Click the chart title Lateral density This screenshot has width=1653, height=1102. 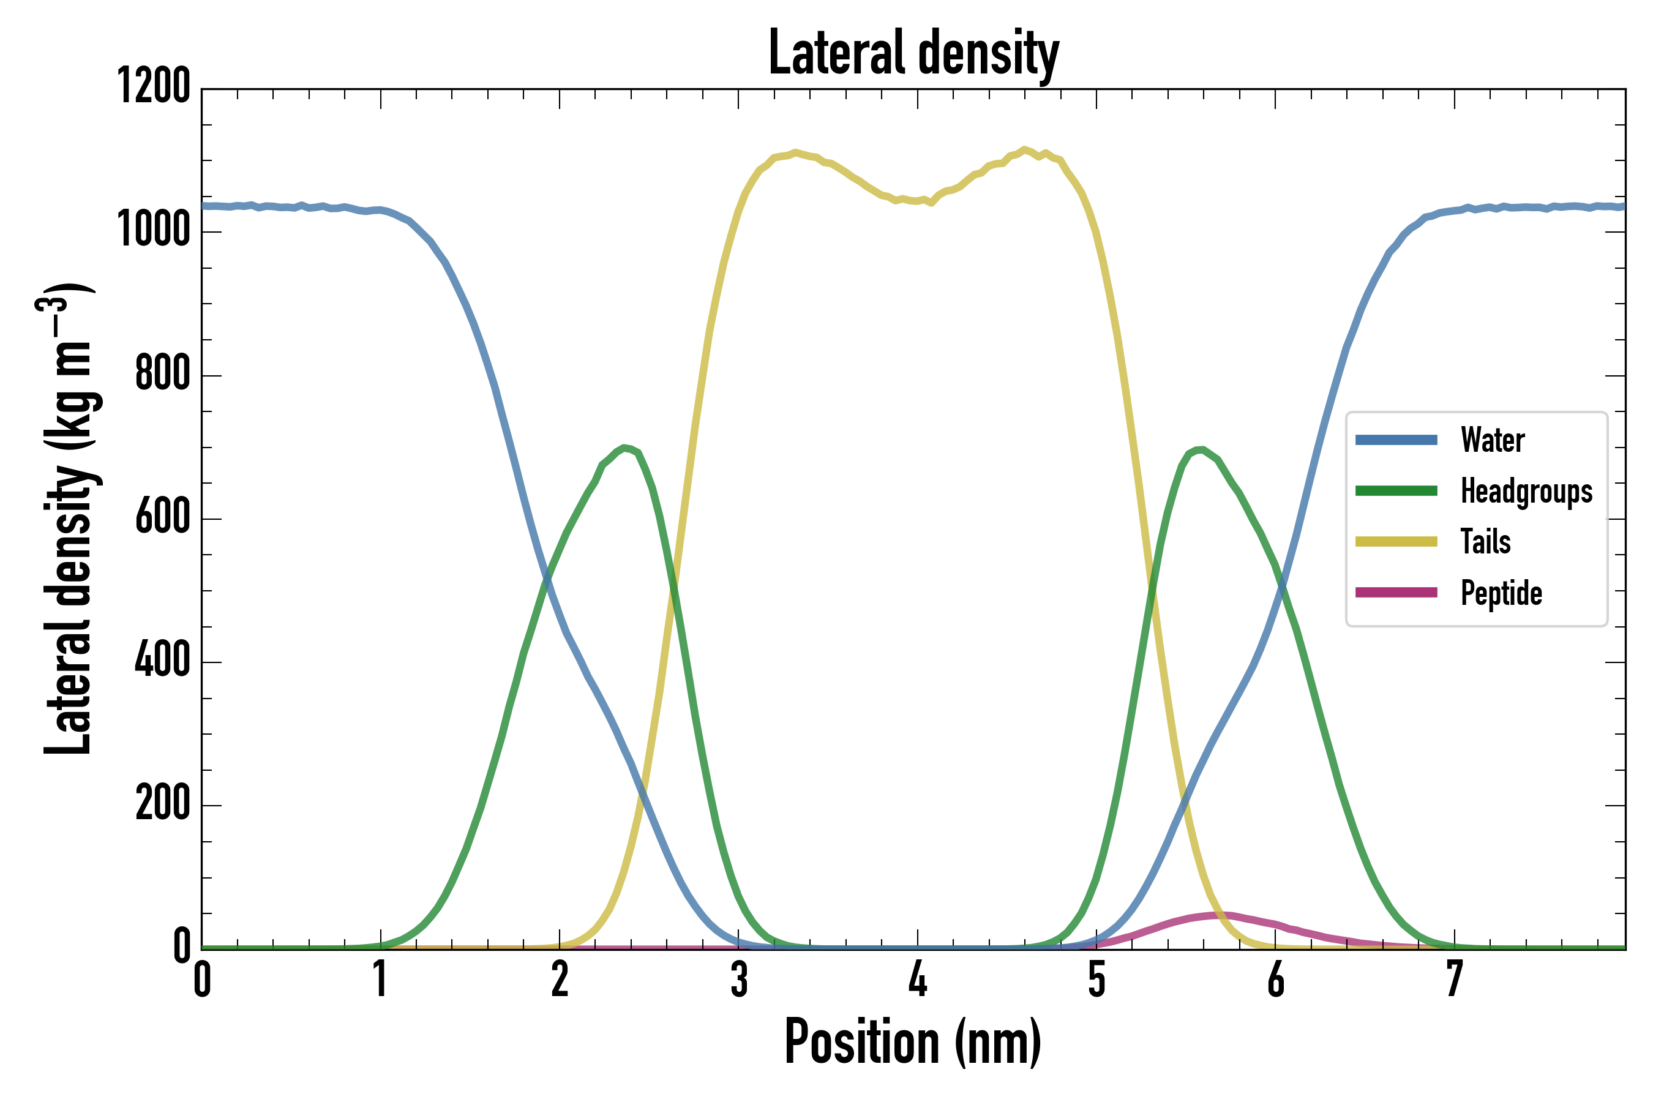point(913,53)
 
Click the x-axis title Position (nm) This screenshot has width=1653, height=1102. point(912,1041)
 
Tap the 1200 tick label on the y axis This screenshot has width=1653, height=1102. point(153,87)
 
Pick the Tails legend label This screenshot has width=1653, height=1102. point(1486,542)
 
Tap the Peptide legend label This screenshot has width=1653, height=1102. point(1501,593)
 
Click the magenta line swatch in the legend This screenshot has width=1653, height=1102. point(1396,593)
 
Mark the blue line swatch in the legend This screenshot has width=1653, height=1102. point(1396,440)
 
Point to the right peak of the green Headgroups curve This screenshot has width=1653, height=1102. point(1199,450)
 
